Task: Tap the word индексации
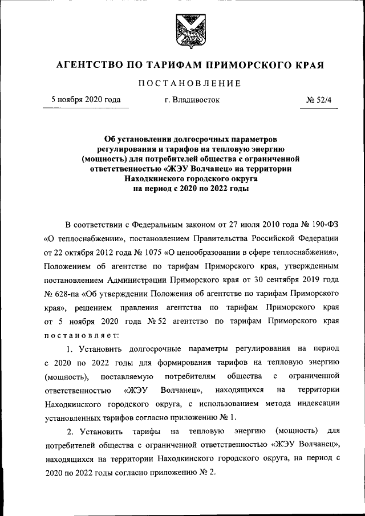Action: pos(322,403)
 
